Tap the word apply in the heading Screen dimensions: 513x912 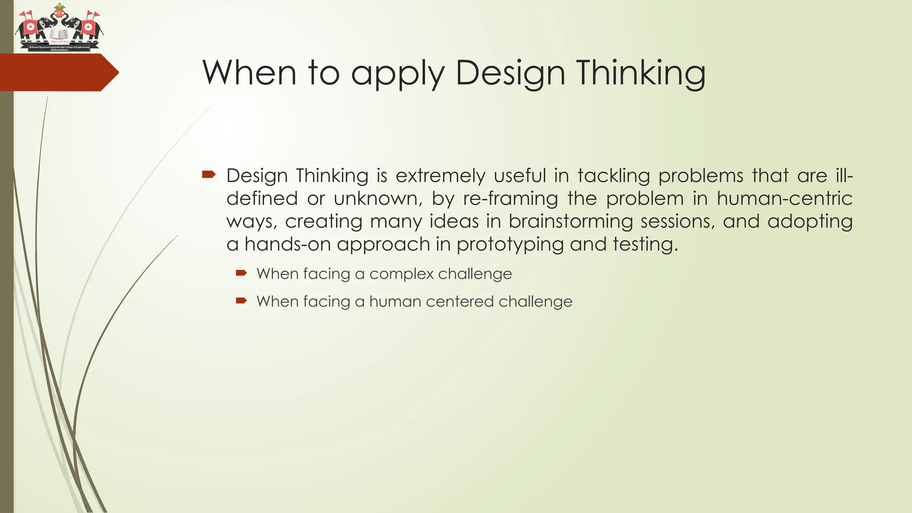[398, 73]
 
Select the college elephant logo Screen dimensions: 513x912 [59, 28]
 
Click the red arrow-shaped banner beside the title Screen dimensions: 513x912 [58, 73]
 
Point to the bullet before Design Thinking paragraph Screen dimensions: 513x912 [208, 175]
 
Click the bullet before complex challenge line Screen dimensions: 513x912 [241, 273]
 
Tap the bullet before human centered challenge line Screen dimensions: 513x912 [241, 301]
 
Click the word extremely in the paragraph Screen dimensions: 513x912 [440, 176]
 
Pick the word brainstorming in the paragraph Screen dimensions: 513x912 [570, 221]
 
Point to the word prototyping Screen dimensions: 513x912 [510, 244]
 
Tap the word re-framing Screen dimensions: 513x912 [510, 199]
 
